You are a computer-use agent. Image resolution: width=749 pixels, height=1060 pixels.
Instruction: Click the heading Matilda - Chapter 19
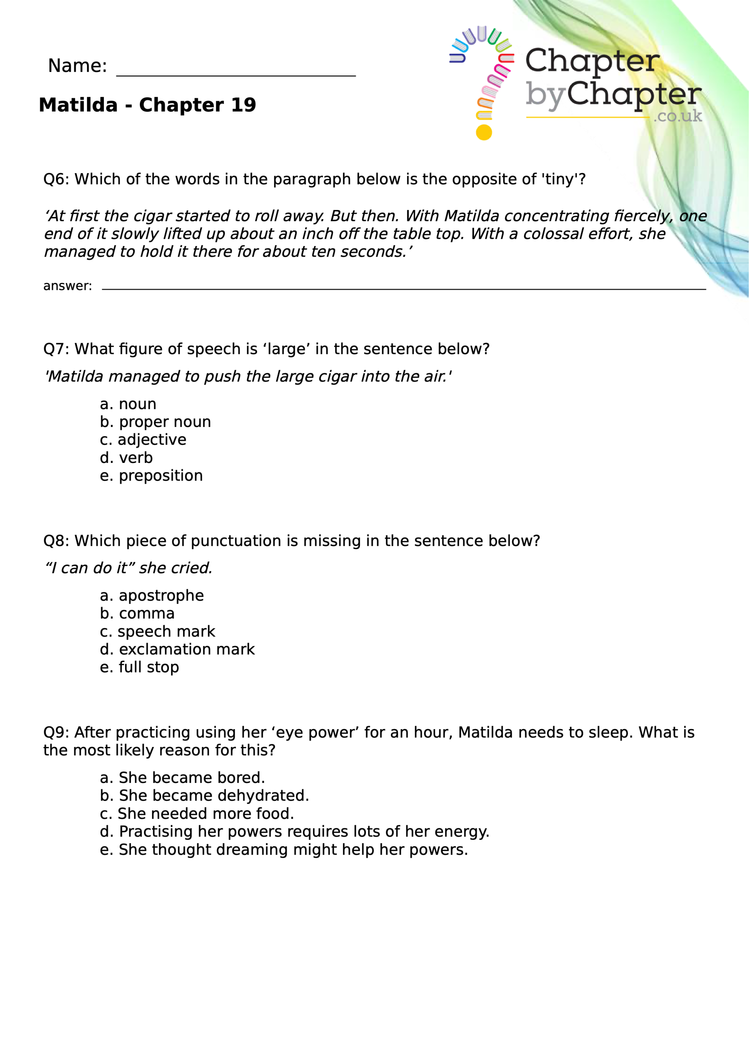(147, 105)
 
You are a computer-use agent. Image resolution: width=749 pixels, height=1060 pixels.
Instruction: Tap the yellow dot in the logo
(484, 132)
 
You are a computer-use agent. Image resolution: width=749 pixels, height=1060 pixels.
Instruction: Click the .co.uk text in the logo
(677, 116)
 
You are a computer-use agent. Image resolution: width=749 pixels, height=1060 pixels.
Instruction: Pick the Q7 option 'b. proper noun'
(155, 422)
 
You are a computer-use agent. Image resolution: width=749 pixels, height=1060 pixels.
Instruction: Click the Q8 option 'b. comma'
(137, 614)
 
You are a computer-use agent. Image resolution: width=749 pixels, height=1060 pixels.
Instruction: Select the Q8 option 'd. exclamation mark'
(177, 650)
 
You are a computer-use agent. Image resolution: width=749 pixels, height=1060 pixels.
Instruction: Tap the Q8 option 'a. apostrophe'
(152, 595)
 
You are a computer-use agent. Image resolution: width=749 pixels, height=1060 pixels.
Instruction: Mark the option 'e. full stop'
(140, 667)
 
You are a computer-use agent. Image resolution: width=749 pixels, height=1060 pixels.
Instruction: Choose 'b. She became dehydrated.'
(204, 796)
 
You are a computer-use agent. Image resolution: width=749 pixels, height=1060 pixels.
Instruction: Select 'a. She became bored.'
(183, 778)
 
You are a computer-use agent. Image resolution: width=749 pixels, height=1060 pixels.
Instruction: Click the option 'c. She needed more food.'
(197, 814)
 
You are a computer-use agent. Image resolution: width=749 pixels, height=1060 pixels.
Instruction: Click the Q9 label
(55, 732)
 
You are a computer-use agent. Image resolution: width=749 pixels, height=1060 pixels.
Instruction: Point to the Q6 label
(55, 179)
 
